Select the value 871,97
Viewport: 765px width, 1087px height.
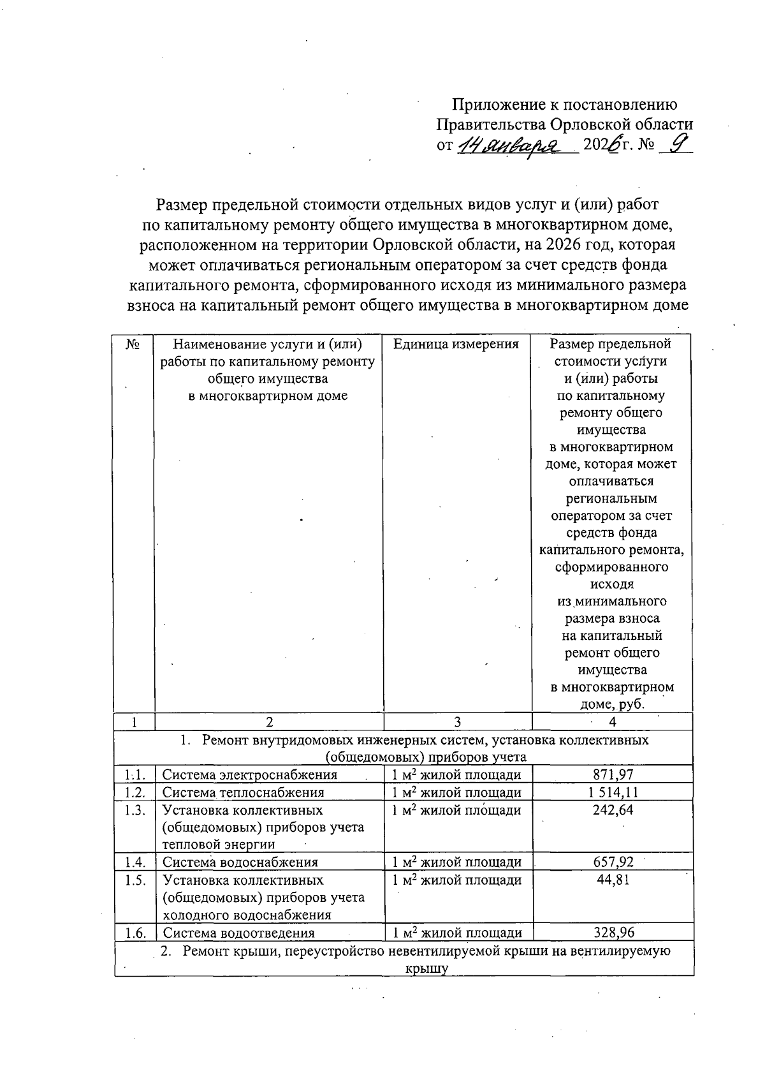tap(613, 774)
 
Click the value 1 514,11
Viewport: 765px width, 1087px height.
tap(613, 792)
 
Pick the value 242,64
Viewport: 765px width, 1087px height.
tap(613, 810)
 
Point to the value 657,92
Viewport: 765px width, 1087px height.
tap(613, 862)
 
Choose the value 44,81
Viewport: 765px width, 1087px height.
tap(613, 880)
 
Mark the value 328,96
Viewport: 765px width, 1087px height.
tap(613, 933)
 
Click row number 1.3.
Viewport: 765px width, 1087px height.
tap(135, 810)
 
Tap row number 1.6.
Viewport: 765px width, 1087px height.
tap(135, 933)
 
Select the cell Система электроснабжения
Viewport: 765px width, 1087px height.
tap(249, 775)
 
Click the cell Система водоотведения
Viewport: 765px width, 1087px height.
tap(238, 933)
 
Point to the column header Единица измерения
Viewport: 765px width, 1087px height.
tap(456, 344)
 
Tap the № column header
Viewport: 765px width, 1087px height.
tap(133, 344)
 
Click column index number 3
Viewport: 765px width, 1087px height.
tap(457, 721)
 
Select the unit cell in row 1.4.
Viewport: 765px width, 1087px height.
tap(457, 862)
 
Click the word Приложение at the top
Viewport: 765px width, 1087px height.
tap(490, 105)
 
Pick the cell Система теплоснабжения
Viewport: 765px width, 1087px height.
tap(243, 793)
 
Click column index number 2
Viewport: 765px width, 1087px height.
tap(269, 721)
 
